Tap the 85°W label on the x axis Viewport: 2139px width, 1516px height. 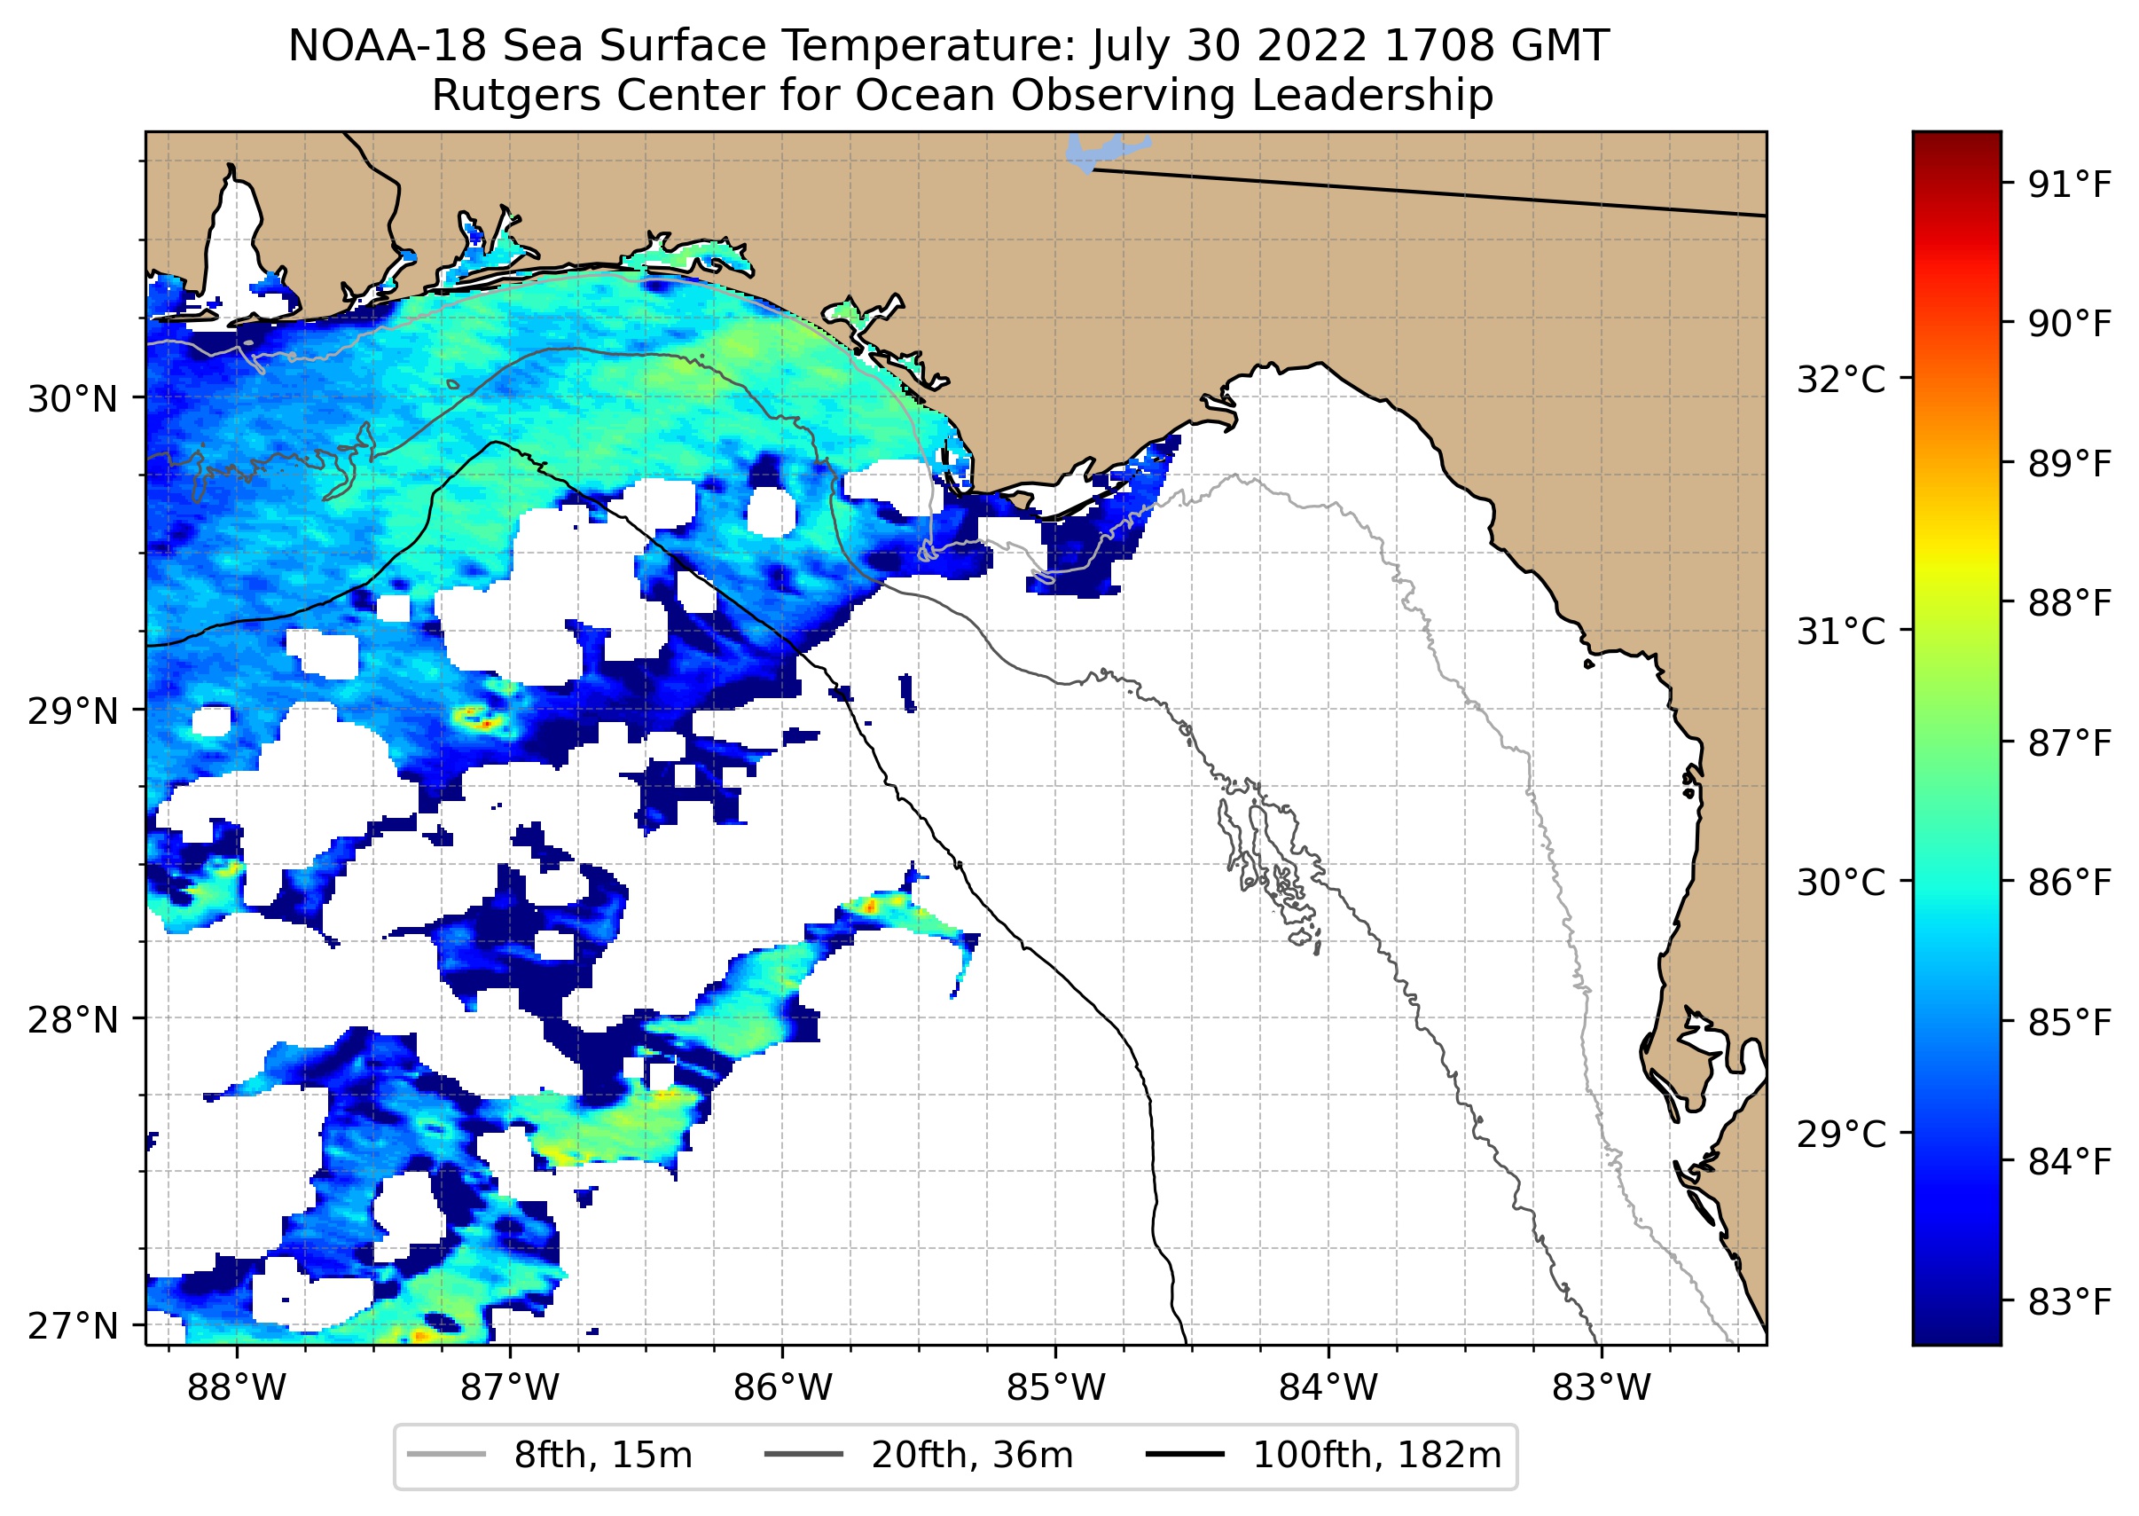coord(1055,1388)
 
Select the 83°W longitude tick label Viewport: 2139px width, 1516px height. coord(1602,1388)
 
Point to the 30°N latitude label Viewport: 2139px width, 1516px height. coord(73,399)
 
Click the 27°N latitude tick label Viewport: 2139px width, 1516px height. coord(73,1325)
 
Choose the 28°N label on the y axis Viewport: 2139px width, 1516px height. coord(73,1020)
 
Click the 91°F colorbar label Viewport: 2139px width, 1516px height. coord(2069,185)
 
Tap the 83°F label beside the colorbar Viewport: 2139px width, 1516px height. coord(2069,1301)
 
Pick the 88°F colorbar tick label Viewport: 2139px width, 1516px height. coord(2069,603)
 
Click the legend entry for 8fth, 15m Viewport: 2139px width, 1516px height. coord(602,1456)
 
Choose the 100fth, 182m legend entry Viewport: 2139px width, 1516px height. coord(1375,1456)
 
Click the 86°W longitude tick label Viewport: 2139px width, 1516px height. coord(782,1388)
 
